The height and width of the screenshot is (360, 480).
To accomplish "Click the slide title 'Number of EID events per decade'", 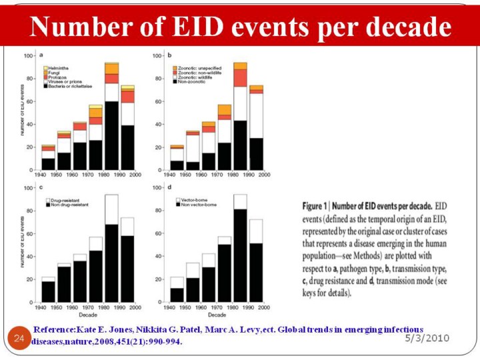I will point(240,27).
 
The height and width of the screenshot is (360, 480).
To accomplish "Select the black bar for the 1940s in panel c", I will point(48,291).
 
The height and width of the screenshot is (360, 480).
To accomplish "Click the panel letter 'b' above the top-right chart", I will point(170,55).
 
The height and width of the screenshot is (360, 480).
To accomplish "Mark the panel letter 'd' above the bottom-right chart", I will point(170,187).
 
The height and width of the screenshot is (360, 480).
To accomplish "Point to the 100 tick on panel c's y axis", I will point(29,188).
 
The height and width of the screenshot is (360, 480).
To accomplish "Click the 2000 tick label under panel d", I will point(265,307).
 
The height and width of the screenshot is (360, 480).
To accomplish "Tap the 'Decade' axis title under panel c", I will point(87,314).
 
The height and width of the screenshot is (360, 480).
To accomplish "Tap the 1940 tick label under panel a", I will point(41,175).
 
